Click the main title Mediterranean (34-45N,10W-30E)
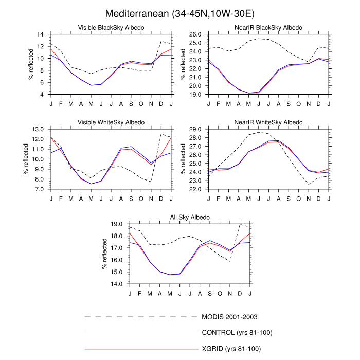point(180,12)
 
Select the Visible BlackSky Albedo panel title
point(111,27)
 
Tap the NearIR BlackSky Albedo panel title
point(268,27)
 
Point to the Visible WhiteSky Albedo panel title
point(111,122)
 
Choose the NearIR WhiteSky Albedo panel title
point(268,122)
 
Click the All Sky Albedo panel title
point(190,218)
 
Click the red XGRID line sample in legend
point(141,349)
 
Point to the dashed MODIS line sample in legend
point(141,316)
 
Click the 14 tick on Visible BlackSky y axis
point(41,34)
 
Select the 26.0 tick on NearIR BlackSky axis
point(195,34)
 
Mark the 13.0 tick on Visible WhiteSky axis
point(40,129)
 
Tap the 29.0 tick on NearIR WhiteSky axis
point(195,129)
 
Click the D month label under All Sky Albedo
point(240,293)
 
